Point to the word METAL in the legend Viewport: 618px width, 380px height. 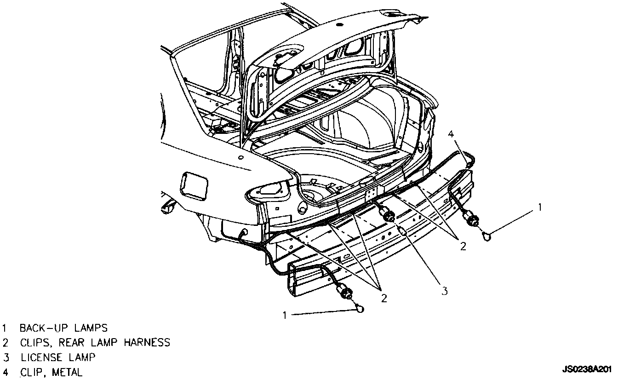(x=67, y=372)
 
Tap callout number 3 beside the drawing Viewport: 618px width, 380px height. (x=445, y=291)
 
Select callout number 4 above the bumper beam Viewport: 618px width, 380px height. (x=451, y=134)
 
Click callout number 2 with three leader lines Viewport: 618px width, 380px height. (x=383, y=298)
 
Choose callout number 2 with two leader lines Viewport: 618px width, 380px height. (x=463, y=246)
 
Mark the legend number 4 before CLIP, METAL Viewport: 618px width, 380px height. (x=5, y=372)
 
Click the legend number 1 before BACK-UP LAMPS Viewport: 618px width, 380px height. (x=5, y=328)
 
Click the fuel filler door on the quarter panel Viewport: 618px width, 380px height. (x=195, y=185)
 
